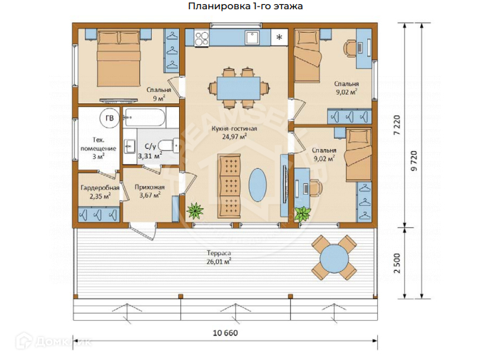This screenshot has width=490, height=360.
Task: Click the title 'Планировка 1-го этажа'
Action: click(x=245, y=6)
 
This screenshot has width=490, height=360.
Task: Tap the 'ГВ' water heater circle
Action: click(x=110, y=118)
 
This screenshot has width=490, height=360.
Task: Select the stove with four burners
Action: click(x=202, y=38)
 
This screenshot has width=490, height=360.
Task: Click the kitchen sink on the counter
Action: click(x=252, y=37)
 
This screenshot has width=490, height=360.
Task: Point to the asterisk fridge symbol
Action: click(x=280, y=37)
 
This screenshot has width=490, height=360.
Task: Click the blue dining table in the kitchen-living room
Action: click(x=239, y=88)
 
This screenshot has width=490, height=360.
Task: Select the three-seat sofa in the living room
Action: click(x=230, y=186)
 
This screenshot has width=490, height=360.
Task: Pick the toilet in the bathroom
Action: click(x=168, y=145)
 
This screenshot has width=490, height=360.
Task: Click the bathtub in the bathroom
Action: click(x=144, y=118)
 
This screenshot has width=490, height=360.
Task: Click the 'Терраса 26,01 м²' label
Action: click(x=219, y=257)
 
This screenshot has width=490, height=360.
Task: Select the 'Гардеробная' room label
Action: click(x=100, y=187)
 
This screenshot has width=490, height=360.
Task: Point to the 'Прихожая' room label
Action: click(x=150, y=187)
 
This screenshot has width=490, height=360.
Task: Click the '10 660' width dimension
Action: click(x=225, y=333)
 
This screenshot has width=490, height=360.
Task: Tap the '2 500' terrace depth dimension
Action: click(x=397, y=263)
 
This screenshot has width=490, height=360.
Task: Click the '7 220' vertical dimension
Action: click(x=397, y=125)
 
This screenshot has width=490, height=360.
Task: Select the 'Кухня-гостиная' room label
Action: click(x=234, y=128)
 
